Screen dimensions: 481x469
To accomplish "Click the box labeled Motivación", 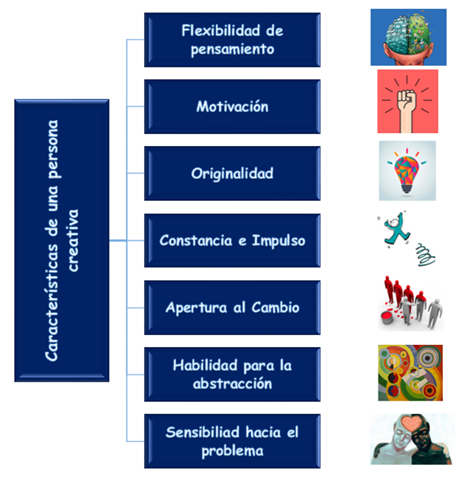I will tap(232, 107).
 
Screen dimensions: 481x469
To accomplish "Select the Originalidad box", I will tap(232, 174).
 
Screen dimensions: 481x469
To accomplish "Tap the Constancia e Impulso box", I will tap(232, 240).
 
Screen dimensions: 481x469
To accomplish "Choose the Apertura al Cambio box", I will tap(232, 307).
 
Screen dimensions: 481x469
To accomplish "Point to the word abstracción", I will tap(232, 384).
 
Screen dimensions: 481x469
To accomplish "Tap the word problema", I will tap(232, 451).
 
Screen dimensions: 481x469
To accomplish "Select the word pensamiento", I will tap(232, 49).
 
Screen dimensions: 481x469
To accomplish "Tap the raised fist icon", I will tap(407, 101).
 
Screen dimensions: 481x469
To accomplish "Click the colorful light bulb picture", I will tap(407, 169).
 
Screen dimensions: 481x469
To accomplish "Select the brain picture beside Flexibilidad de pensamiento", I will tap(408, 37).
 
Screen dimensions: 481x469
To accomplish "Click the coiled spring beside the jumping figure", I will tap(426, 253).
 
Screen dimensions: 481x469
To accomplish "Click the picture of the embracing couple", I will tap(408, 439).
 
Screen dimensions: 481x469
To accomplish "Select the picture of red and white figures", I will tap(410, 303).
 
